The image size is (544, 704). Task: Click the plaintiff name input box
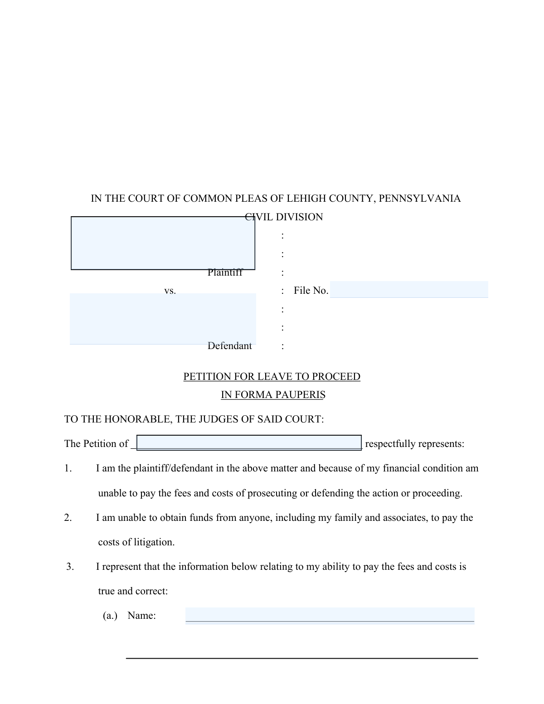click(x=163, y=243)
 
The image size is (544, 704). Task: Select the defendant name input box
click(x=163, y=319)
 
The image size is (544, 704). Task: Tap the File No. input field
click(x=409, y=289)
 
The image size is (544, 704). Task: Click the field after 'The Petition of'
click(x=249, y=442)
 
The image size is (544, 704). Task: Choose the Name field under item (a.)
click(x=330, y=615)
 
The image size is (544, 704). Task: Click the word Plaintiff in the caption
click(x=225, y=272)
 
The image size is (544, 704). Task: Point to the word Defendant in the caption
click(x=229, y=346)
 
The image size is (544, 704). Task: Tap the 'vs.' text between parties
click(x=170, y=291)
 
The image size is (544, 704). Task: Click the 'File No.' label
click(x=311, y=291)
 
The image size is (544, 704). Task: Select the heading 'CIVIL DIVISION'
click(x=284, y=217)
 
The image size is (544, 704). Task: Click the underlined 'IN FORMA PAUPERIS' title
click(x=273, y=395)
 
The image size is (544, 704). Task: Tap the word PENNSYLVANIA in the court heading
click(x=419, y=199)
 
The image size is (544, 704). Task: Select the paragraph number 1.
click(x=68, y=468)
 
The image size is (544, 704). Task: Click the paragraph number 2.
click(x=68, y=518)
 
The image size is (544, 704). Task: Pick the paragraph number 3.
click(x=70, y=567)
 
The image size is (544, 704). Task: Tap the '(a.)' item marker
click(x=110, y=616)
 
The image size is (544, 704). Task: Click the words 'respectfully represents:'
click(x=414, y=444)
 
